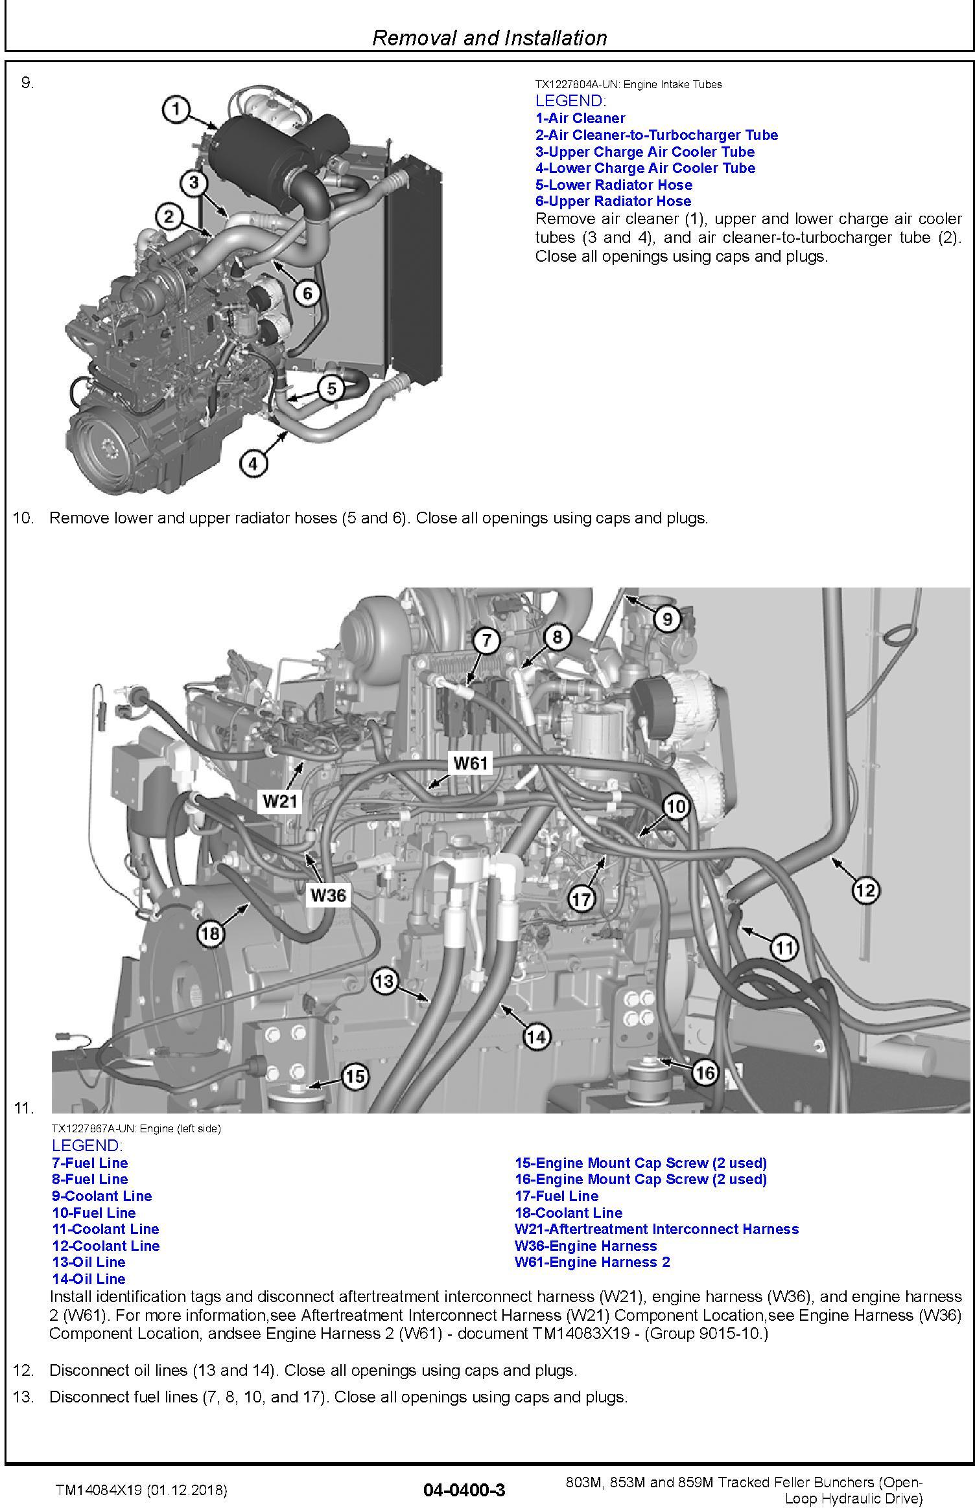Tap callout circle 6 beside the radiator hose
307,293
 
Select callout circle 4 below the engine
253,463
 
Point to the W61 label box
471,763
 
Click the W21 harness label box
280,801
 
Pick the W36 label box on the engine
328,895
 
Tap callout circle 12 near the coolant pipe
866,890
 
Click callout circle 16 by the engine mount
705,1073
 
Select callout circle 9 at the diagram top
667,619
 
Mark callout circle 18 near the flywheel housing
211,933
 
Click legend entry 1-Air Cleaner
580,119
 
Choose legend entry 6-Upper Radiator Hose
613,201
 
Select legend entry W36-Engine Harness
585,1246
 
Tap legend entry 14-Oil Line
89,1279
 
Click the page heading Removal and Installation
489,38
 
